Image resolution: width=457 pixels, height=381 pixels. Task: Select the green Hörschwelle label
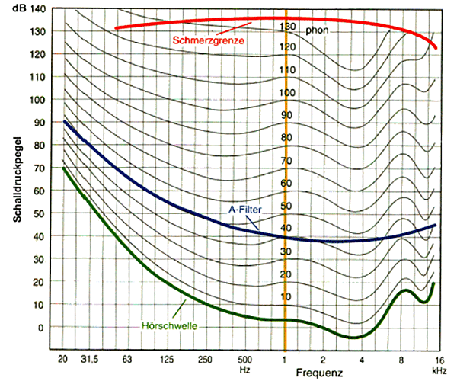(x=170, y=326)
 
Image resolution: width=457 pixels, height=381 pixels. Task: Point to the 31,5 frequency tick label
(x=91, y=358)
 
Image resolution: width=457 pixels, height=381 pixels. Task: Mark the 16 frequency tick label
(x=439, y=358)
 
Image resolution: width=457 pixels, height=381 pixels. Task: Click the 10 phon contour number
(x=286, y=296)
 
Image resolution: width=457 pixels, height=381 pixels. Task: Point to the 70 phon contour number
(x=286, y=161)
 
